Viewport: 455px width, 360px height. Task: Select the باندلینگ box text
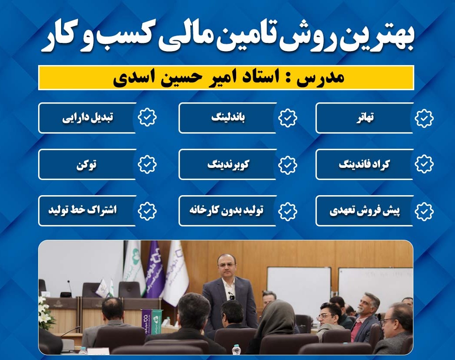tap(228, 118)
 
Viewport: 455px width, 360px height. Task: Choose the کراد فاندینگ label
tap(364, 164)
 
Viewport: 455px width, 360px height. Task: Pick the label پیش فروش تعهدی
tap(364, 211)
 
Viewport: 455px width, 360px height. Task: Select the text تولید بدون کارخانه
tap(226, 211)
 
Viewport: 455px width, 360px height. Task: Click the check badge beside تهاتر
tap(424, 118)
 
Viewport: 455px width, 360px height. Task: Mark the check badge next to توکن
tap(147, 164)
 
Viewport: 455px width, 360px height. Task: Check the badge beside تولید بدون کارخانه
tap(287, 211)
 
